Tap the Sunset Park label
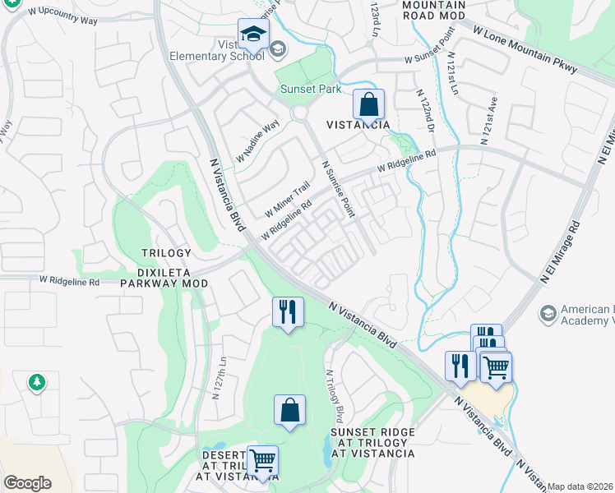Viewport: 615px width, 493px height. click(x=311, y=89)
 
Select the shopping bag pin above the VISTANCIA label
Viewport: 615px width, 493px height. click(x=369, y=105)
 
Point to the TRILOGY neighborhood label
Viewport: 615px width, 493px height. click(x=165, y=253)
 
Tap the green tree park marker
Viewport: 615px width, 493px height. click(x=36, y=381)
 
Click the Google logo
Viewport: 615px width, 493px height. click(x=27, y=483)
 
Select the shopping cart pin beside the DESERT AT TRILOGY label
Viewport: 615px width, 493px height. click(x=262, y=462)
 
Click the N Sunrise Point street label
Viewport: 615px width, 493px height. click(x=337, y=188)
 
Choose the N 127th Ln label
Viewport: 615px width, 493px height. click(x=219, y=377)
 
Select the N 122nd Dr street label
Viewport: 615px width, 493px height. click(x=425, y=112)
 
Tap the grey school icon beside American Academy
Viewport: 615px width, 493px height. click(x=548, y=313)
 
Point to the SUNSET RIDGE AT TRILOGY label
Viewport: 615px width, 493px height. click(x=372, y=442)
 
